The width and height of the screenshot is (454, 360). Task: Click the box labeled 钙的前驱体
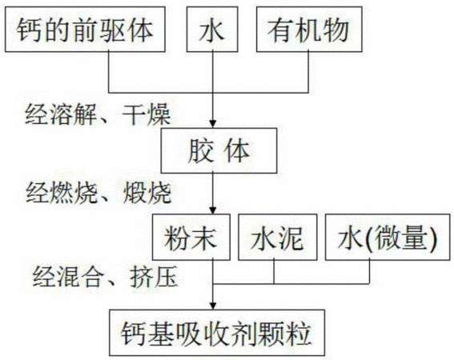85,30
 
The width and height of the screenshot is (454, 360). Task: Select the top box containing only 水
212,30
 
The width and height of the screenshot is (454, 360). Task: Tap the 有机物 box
309,30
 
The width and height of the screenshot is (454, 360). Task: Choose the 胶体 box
219,150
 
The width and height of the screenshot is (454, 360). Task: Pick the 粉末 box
191,237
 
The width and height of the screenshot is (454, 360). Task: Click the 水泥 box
278,237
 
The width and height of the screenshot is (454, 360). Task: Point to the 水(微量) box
388,237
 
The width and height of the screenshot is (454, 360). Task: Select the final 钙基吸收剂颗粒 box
217,333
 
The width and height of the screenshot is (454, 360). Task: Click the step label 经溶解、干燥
98,114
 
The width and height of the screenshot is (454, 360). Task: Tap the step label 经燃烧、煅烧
98,193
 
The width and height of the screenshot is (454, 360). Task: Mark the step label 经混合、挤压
105,276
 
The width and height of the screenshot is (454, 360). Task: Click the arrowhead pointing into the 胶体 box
213,124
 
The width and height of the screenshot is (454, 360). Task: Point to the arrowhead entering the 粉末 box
213,210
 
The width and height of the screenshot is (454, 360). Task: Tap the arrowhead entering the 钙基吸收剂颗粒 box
213,306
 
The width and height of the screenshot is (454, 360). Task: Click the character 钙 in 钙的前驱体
30,30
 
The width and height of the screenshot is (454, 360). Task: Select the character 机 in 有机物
308,30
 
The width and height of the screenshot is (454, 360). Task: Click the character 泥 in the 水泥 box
291,238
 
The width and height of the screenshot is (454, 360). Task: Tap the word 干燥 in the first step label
147,114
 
